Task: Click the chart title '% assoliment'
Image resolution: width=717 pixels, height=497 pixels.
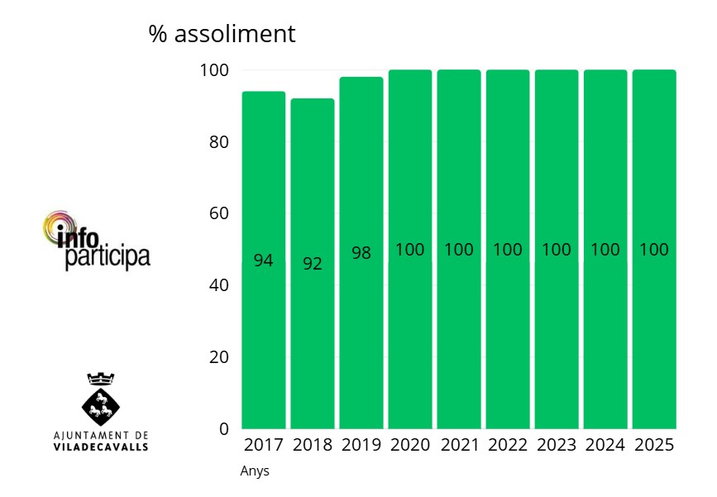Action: tap(222, 34)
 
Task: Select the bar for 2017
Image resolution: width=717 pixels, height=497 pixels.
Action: tap(263, 331)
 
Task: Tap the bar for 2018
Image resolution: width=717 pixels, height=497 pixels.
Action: tap(312, 331)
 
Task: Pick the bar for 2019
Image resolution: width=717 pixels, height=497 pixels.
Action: tap(361, 331)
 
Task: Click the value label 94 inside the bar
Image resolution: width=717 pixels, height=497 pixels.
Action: tap(263, 260)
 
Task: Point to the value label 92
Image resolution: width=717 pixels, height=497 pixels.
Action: tap(312, 265)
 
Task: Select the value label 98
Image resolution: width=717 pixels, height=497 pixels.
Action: tap(361, 253)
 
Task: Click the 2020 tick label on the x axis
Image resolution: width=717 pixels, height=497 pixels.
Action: tap(410, 445)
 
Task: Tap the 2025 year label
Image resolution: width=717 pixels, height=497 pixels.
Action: tap(654, 445)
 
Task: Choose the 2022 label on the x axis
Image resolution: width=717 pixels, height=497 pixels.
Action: tap(508, 445)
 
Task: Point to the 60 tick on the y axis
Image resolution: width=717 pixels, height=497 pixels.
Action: tap(218, 213)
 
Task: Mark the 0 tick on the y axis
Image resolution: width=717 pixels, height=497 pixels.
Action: tap(224, 428)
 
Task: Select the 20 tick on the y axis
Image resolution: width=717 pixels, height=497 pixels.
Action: tap(218, 357)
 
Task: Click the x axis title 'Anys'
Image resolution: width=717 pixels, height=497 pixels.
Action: tap(255, 471)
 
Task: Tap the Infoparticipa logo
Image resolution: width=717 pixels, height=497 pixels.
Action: tap(97, 241)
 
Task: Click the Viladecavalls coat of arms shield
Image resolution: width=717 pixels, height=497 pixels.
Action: tap(101, 404)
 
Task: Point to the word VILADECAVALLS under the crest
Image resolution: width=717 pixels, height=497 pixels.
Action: tap(101, 447)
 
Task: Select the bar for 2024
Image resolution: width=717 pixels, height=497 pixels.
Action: tap(605, 331)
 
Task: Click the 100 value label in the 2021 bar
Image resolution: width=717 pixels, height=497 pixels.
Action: tap(459, 250)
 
